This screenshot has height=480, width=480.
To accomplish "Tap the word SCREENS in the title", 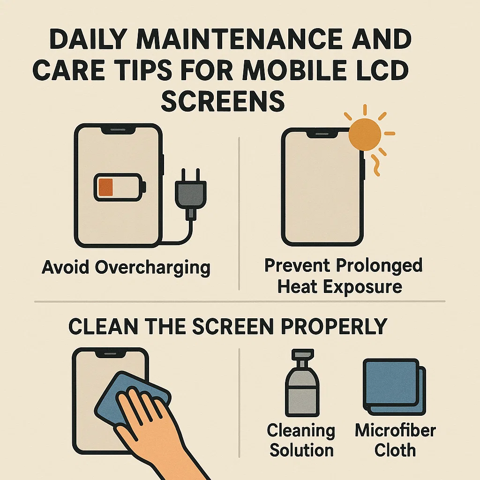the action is (223, 101).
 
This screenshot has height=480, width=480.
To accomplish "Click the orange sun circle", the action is (365, 134).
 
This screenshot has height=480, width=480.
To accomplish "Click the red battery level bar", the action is (105, 187).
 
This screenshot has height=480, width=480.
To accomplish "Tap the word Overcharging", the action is (152, 268).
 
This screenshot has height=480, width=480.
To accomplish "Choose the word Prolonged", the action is (379, 265).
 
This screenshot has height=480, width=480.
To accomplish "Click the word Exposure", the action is (362, 287).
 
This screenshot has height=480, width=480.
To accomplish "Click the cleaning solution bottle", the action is (302, 383).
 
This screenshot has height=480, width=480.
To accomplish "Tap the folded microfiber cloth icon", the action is (394, 387).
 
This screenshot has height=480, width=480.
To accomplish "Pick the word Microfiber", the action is (395, 430).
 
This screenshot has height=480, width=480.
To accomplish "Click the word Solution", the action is (301, 450).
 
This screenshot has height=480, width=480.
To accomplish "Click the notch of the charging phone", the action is (118, 130).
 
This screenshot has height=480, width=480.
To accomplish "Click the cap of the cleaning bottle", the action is (302, 358).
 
